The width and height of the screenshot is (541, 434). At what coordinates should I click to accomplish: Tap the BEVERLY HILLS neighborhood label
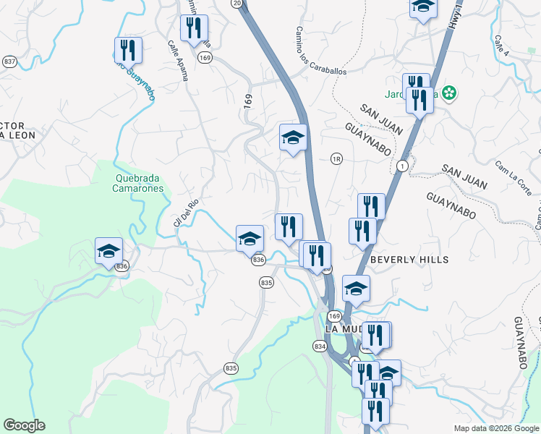409,260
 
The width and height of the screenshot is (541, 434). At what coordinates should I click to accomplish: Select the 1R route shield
336,158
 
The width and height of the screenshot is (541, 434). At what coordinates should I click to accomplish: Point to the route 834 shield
320,347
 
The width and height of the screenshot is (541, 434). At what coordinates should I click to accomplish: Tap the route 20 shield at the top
237,4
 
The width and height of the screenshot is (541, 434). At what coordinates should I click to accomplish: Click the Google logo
24,425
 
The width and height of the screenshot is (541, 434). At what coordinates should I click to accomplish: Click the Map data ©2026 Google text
495,427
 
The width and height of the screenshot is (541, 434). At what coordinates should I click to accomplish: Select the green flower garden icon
450,93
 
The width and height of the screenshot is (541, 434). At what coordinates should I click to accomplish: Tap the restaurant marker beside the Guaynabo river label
128,51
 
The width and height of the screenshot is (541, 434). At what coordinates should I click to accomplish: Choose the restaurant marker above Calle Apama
194,29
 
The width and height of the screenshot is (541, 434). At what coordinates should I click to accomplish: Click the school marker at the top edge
423,7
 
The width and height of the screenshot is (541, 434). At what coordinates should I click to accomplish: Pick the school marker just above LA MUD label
356,289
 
